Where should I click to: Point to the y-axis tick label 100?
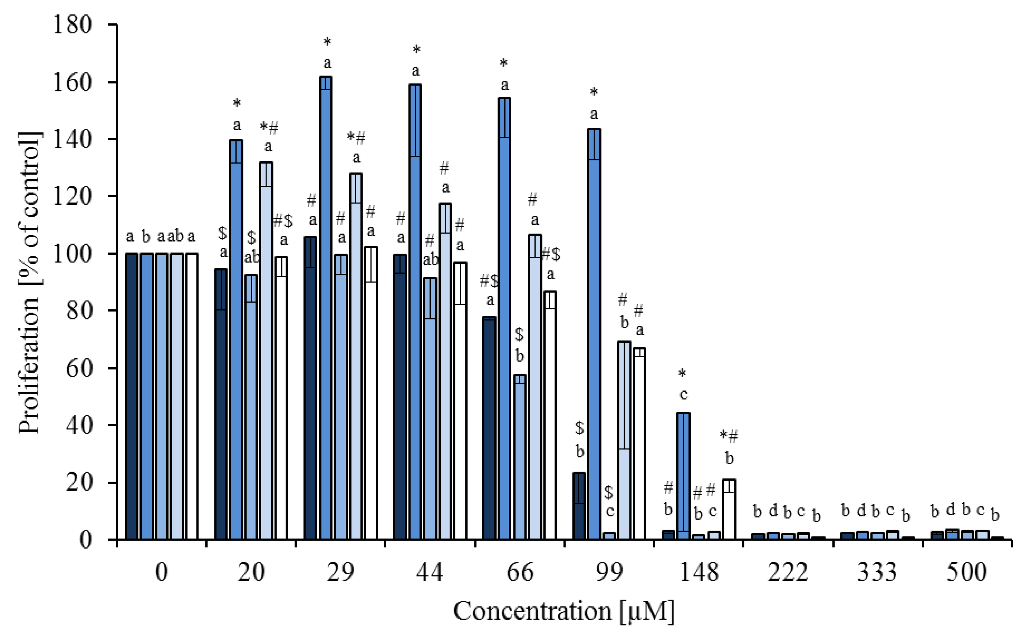[x=71, y=254]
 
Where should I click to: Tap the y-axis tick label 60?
[x=78, y=368]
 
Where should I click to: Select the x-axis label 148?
[x=699, y=572]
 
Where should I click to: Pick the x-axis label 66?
[x=520, y=572]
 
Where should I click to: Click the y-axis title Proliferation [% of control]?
[x=29, y=282]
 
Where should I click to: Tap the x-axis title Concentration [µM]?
[x=564, y=611]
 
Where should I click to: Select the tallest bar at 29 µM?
[x=326, y=307]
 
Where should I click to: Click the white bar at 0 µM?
[x=192, y=396]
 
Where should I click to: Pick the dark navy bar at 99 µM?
[x=579, y=506]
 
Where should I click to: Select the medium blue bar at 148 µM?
[x=683, y=476]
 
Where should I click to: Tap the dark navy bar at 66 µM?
[x=489, y=428]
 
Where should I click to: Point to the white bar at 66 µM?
[x=550, y=415]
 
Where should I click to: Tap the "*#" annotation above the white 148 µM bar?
[x=729, y=436]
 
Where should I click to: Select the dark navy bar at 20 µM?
[x=221, y=404]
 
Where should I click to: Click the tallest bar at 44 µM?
[x=415, y=312]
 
